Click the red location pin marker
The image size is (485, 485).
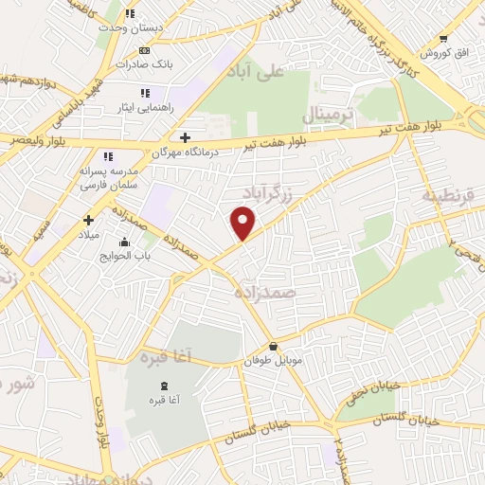[x=243, y=224]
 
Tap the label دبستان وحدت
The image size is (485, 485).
[x=133, y=28]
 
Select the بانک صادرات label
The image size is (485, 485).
[x=140, y=64]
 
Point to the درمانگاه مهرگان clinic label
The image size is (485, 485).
[x=186, y=152]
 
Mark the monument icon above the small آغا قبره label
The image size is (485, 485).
[x=165, y=386]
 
